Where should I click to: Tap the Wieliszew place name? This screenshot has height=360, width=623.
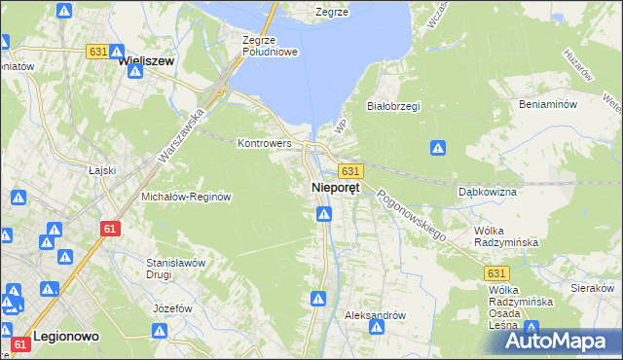tap(145, 60)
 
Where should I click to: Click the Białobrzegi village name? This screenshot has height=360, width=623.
tap(392, 106)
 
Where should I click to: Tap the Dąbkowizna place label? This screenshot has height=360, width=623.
tap(487, 192)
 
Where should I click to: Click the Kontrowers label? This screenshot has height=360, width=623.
tap(265, 143)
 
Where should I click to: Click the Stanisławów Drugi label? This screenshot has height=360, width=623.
tap(174, 268)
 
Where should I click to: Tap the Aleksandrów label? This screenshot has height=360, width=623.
tap(375, 316)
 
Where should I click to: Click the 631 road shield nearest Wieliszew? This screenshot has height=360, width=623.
tap(97, 52)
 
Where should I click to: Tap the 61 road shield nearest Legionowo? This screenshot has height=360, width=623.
tap(20, 344)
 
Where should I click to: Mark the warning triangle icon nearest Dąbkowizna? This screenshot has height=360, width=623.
tap(438, 148)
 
